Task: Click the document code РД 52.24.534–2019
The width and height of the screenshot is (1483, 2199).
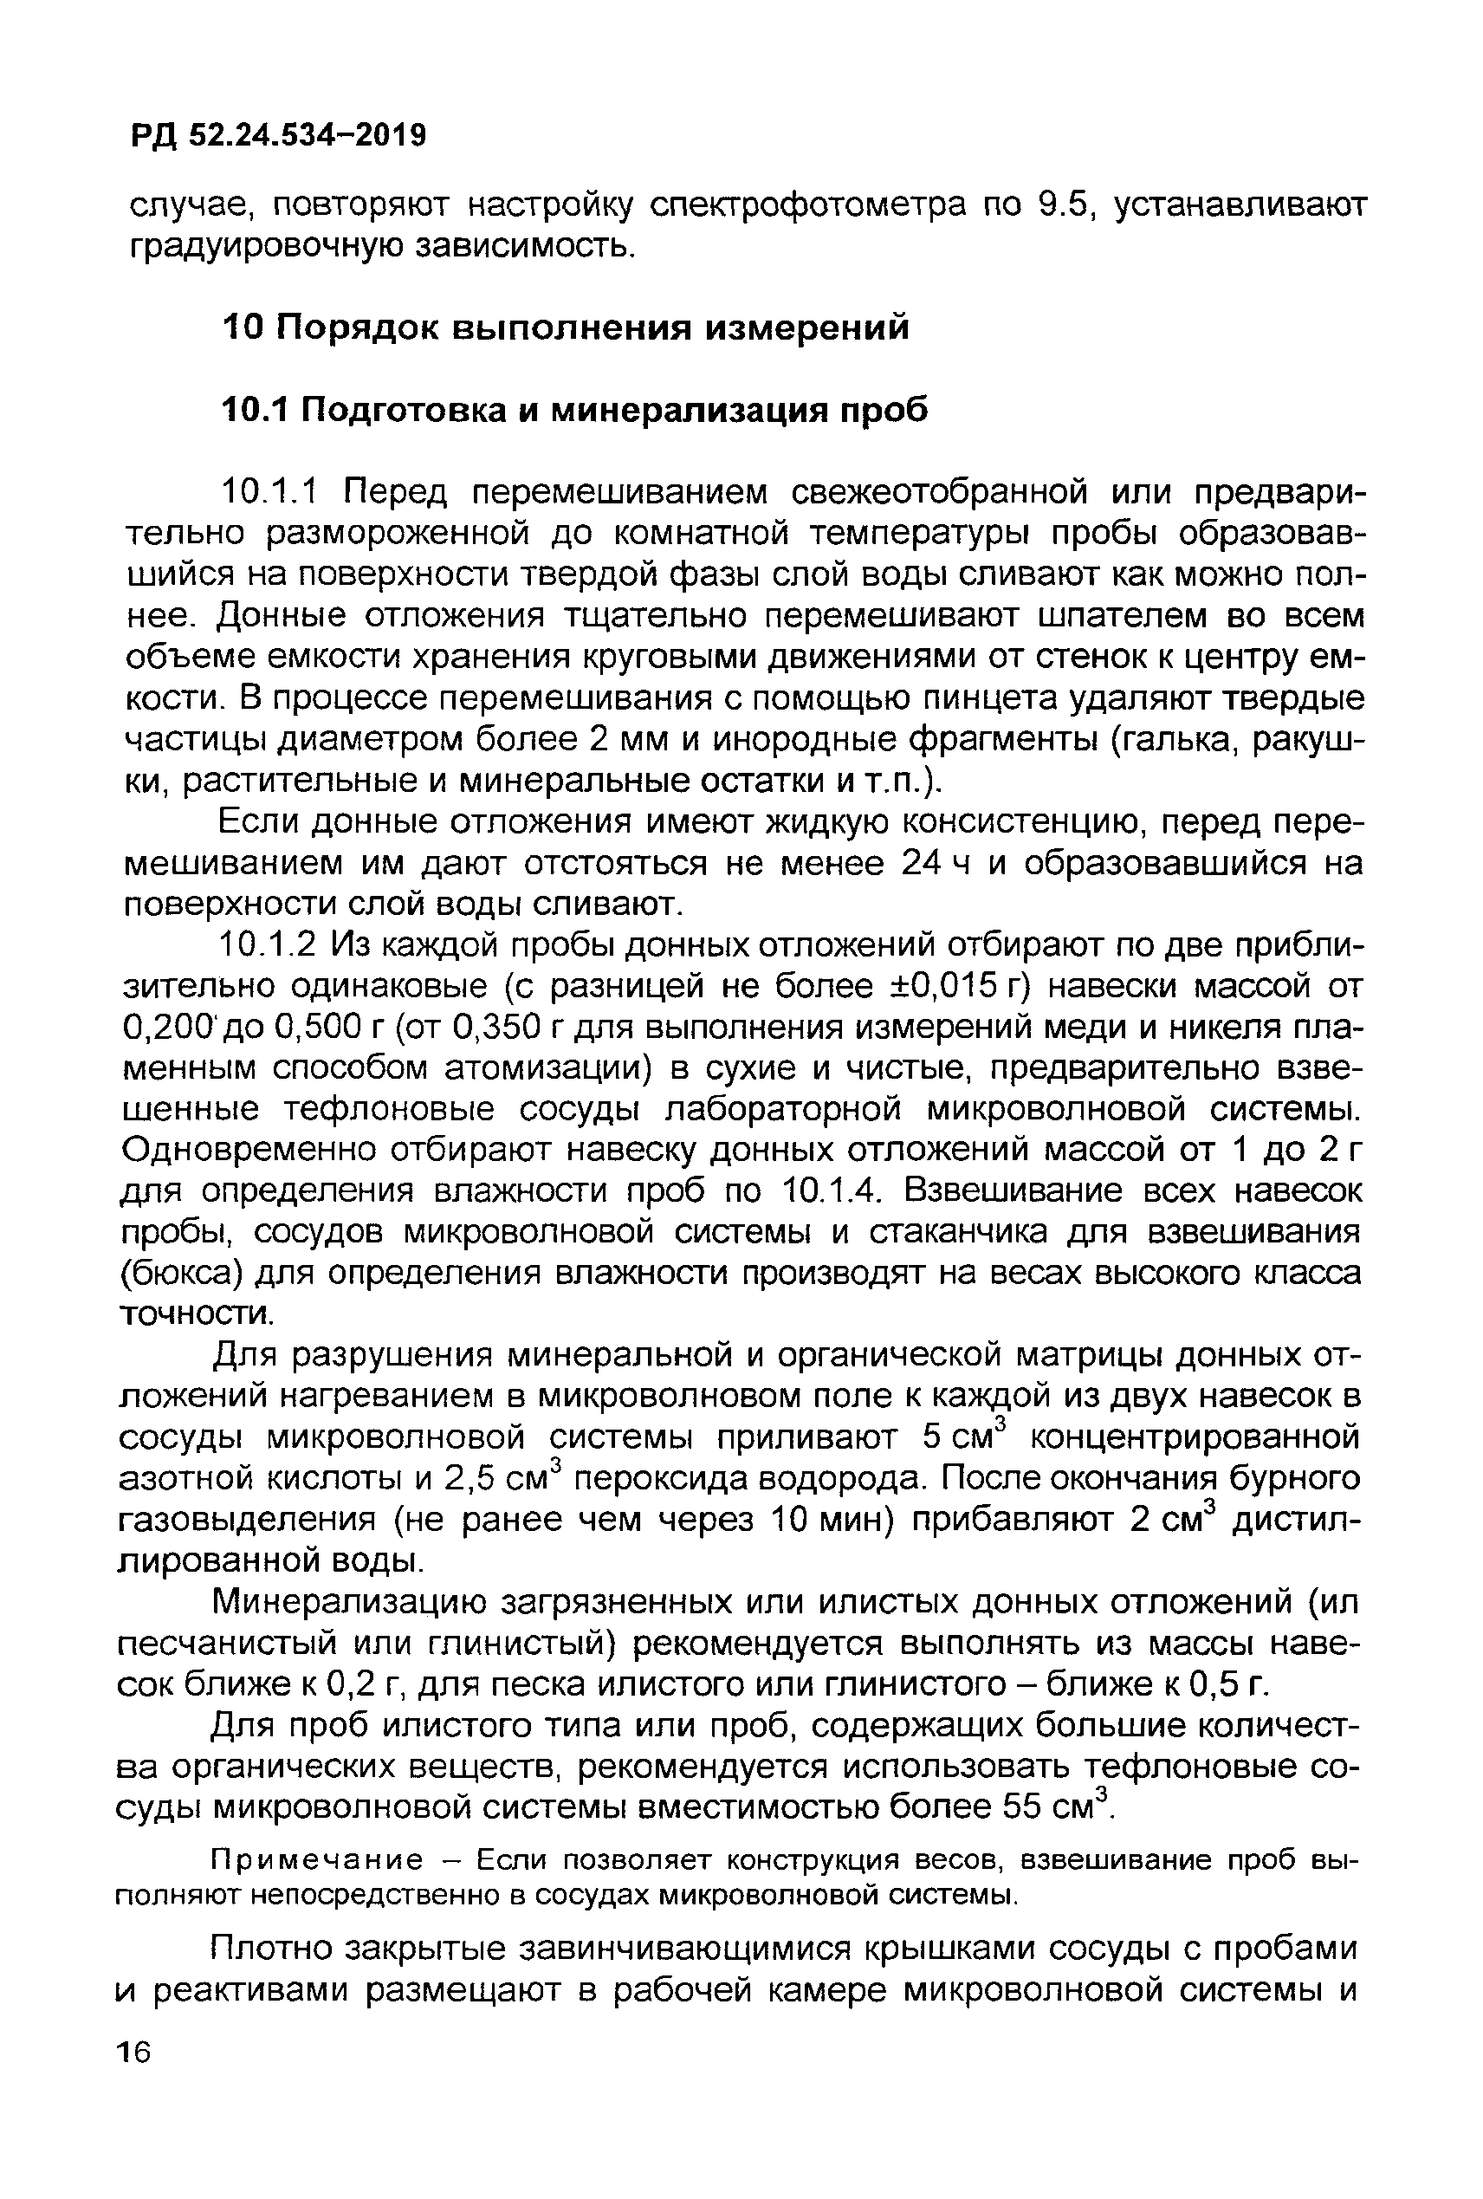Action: [x=278, y=136]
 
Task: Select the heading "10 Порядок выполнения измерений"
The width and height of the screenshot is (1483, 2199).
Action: [x=565, y=328]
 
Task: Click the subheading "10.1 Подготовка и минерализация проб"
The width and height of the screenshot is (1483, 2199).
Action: [x=574, y=411]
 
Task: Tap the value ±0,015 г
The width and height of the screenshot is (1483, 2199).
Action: [x=954, y=987]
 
